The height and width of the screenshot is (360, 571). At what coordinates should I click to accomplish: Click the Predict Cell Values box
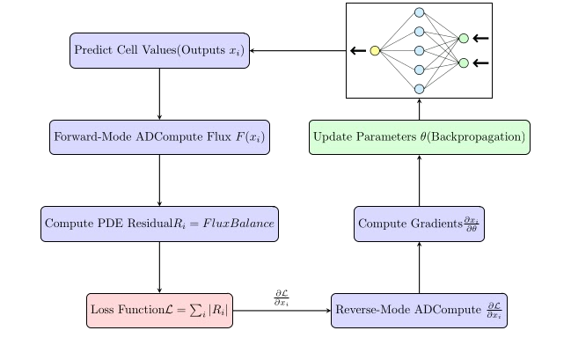158,50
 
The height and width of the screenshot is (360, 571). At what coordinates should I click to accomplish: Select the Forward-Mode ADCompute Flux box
158,137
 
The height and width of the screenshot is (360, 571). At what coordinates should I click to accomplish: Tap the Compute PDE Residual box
158,224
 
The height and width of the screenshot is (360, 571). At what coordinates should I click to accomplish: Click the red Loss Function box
159,311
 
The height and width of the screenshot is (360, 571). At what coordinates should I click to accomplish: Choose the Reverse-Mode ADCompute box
419,311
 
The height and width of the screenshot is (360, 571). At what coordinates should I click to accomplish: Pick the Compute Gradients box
419,224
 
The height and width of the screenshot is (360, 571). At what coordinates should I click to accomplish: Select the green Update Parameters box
419,137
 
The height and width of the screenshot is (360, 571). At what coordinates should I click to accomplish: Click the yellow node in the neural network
375,50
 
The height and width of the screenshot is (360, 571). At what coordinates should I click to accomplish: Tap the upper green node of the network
463,38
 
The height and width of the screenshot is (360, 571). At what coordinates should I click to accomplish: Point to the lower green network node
463,63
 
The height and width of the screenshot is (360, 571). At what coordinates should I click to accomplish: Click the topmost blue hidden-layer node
419,12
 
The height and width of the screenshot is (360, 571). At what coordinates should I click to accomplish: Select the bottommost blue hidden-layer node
419,88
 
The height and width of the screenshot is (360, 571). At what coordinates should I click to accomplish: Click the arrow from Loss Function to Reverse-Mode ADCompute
282,311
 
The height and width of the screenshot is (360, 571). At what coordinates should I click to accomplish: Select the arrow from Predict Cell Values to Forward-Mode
158,93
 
